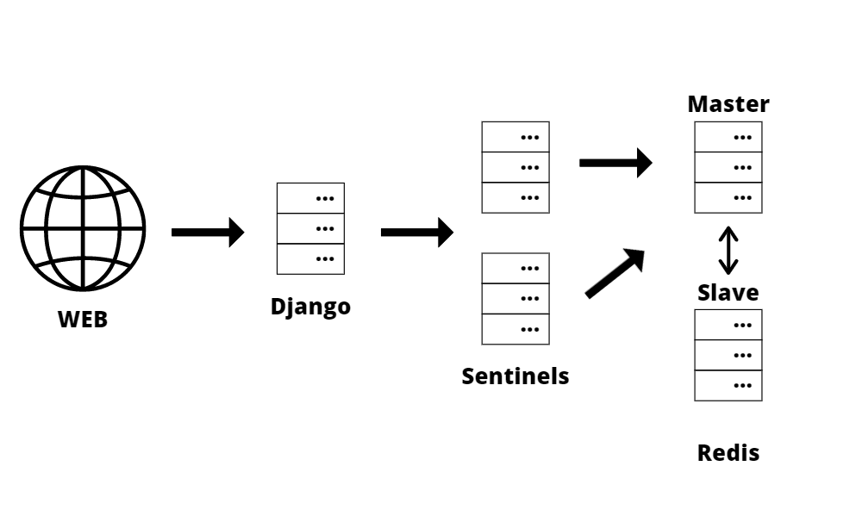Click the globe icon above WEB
pyautogui.click(x=83, y=230)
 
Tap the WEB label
pyautogui.click(x=83, y=320)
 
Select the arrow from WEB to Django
pyautogui.click(x=208, y=232)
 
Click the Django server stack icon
pyautogui.click(x=310, y=228)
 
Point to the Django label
pyautogui.click(x=310, y=307)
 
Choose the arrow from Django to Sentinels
pyautogui.click(x=416, y=232)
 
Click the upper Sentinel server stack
pyautogui.click(x=515, y=167)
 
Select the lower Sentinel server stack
pyautogui.click(x=515, y=298)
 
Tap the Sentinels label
pyautogui.click(x=515, y=376)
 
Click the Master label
pyautogui.click(x=728, y=105)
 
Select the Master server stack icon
pyautogui.click(x=728, y=167)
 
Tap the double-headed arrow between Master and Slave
pyautogui.click(x=728, y=250)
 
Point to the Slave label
pyautogui.click(x=728, y=293)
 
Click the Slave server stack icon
pyautogui.click(x=728, y=355)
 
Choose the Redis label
pyautogui.click(x=728, y=453)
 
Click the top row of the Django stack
pyautogui.click(x=310, y=198)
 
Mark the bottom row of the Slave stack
pyautogui.click(x=728, y=385)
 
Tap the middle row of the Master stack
pyautogui.click(x=728, y=167)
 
